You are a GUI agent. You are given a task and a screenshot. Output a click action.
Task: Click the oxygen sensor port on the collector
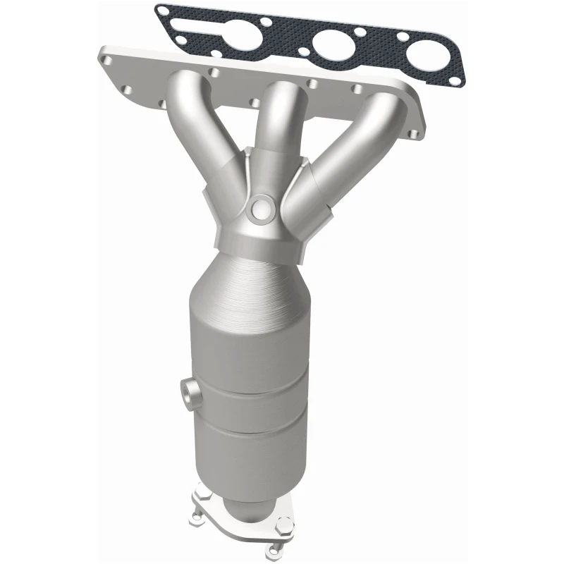pos(260,207)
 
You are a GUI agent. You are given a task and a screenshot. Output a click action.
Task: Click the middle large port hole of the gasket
pos(333,47)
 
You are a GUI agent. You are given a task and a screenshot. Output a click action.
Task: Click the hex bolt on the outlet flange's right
pos(285,528)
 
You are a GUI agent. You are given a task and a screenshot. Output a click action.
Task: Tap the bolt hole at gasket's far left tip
pos(164,12)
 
